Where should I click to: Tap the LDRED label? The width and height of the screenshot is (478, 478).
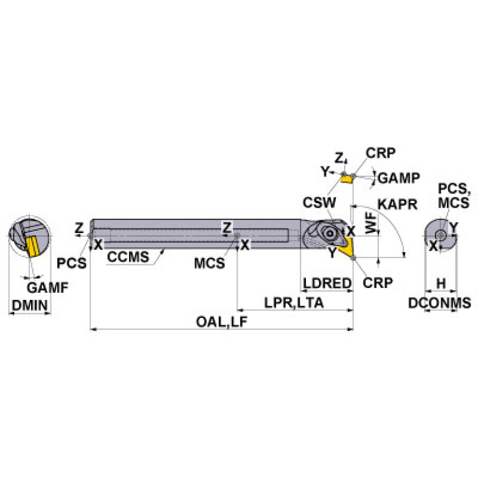click(x=327, y=283)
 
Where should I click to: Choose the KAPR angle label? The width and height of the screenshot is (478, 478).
click(x=396, y=204)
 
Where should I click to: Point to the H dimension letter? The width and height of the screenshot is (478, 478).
click(x=441, y=283)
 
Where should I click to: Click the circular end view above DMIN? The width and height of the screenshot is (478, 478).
click(x=29, y=240)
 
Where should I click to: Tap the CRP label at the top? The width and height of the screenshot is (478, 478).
click(x=380, y=153)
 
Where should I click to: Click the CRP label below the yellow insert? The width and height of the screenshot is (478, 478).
click(x=378, y=282)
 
